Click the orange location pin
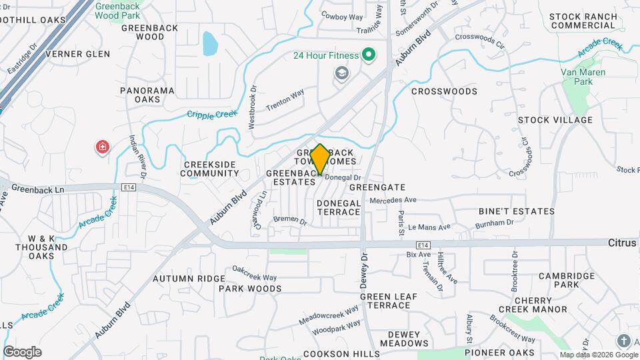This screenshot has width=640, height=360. point(320,159)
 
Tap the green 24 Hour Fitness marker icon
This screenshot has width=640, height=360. point(367,55)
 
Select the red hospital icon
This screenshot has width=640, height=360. point(103,147)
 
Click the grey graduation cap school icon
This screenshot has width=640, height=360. point(343,73)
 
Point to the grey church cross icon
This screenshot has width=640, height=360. point(624,341)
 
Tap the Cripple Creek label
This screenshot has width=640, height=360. point(212,115)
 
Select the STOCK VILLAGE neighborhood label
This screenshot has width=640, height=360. point(555,120)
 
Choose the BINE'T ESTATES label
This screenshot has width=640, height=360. point(516,211)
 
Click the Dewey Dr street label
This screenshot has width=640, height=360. point(364,270)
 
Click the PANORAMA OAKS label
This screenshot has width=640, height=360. point(147,95)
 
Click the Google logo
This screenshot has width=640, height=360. point(22,352)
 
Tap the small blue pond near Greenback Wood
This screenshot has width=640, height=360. point(209,43)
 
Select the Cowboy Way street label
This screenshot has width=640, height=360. point(341,15)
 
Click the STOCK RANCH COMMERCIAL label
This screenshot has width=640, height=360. point(582,21)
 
